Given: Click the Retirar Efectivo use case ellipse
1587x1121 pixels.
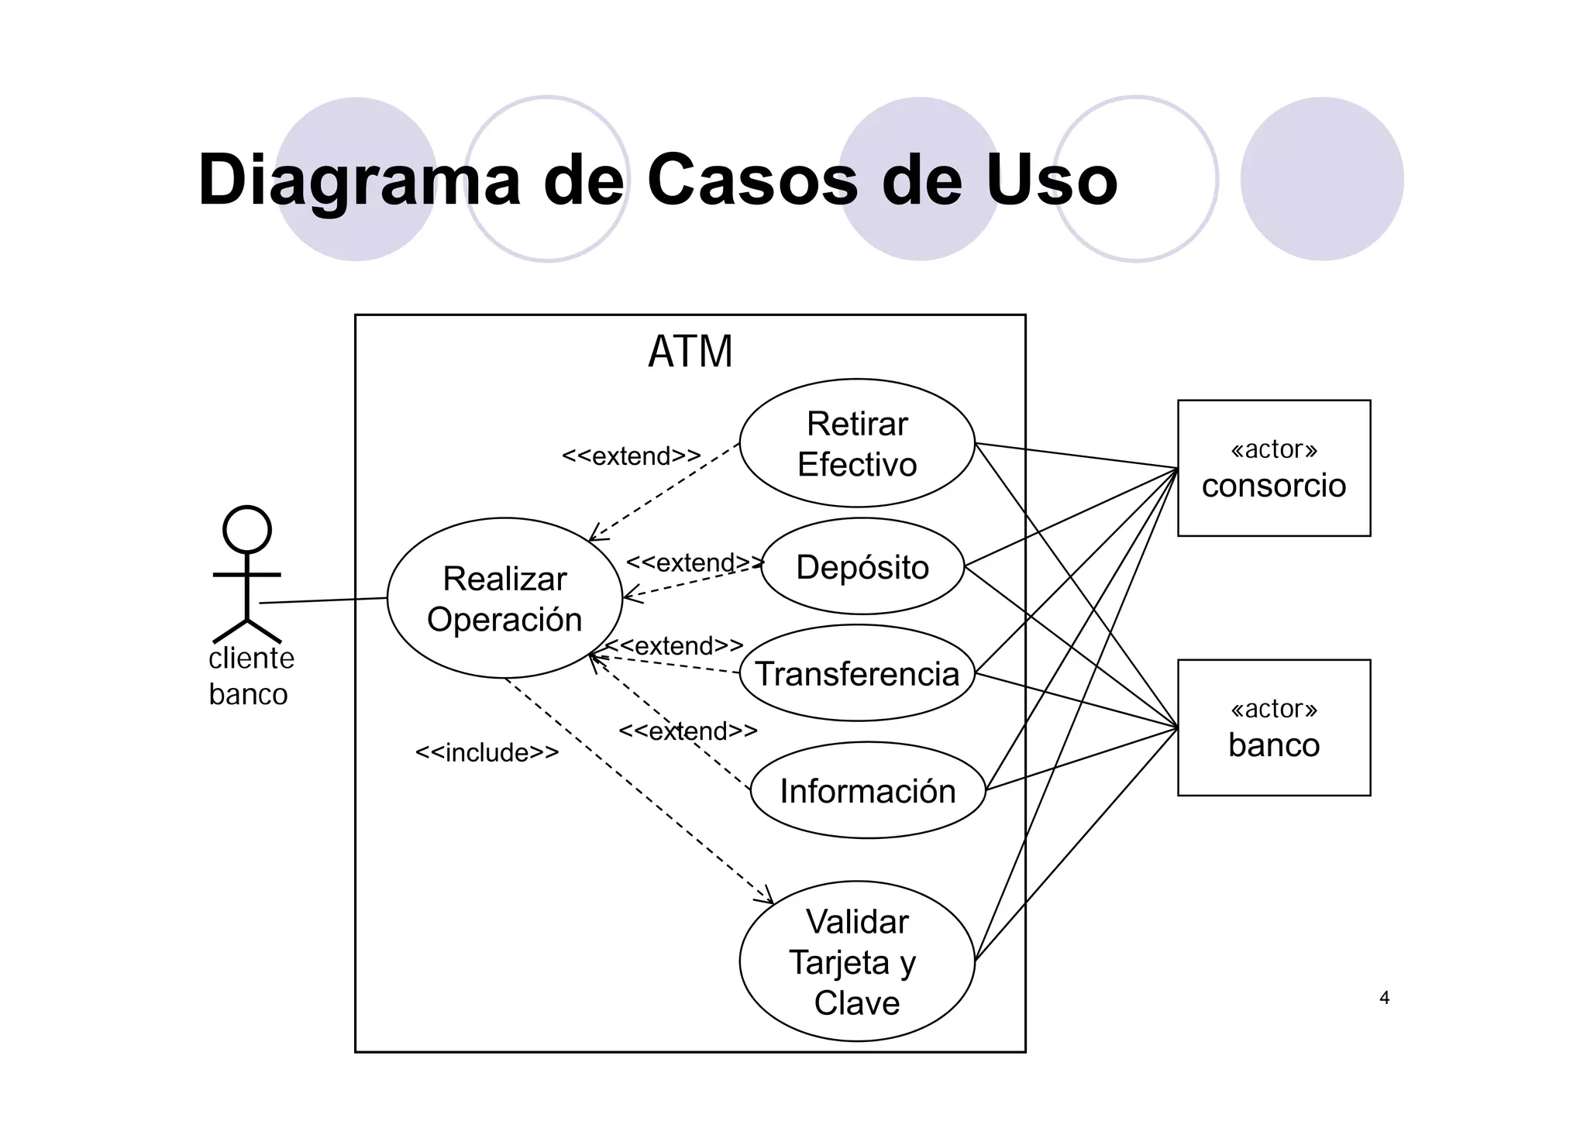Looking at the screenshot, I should coord(856,443).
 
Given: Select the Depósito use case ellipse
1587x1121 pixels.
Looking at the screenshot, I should coord(862,566).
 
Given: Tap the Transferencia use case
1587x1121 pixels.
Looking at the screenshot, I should coord(856,673).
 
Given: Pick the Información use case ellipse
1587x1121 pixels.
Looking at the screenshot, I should coord(867,790).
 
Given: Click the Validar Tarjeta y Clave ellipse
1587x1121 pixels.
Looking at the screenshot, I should coord(856,961).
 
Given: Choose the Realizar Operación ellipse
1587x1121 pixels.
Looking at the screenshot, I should coord(504,598).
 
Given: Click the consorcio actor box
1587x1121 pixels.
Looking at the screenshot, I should coord(1273,468).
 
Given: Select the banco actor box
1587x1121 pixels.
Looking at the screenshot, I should coord(1273,727).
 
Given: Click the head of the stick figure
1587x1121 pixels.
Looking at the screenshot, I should coord(247,530).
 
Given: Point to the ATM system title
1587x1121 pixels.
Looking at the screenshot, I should coord(690,352).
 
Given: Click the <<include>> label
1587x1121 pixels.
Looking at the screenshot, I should coord(487,752).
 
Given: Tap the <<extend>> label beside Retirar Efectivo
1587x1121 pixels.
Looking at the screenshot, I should coord(631,456).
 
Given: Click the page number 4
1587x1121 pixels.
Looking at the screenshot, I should coord(1384,998).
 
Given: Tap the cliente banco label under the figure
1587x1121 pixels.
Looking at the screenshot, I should coord(251,676).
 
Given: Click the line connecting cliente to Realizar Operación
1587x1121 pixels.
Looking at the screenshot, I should coord(323,600).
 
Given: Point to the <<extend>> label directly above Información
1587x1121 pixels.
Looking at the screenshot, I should coord(687,731).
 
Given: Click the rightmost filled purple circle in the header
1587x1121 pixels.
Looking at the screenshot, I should coord(1321,179).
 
